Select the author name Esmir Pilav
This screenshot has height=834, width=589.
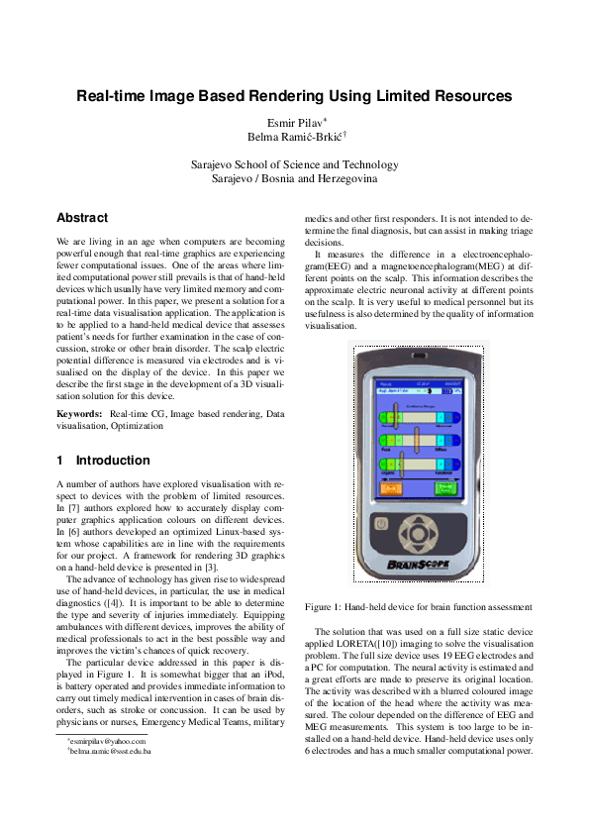coord(293,123)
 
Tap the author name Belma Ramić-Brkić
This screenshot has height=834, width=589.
coord(293,138)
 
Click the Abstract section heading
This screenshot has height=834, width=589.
coord(82,217)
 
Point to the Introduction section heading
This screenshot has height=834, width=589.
coord(113,461)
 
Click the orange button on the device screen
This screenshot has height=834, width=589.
coord(388,488)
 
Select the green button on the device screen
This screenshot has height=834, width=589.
coord(444,488)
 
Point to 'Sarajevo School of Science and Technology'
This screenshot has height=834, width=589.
coord(294,164)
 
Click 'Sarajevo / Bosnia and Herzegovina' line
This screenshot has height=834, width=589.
coord(294,178)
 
